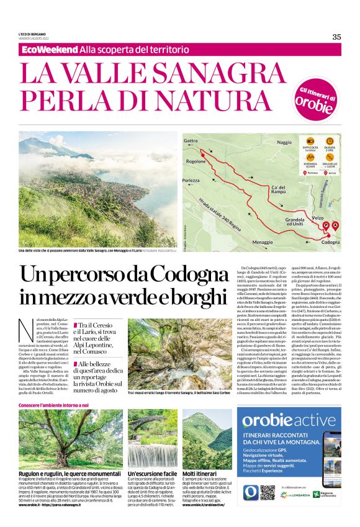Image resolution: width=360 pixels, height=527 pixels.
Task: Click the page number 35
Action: click(x=336, y=37)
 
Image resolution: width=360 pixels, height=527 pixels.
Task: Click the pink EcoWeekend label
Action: click(x=49, y=49)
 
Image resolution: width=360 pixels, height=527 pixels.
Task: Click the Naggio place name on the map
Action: click(x=284, y=142)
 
